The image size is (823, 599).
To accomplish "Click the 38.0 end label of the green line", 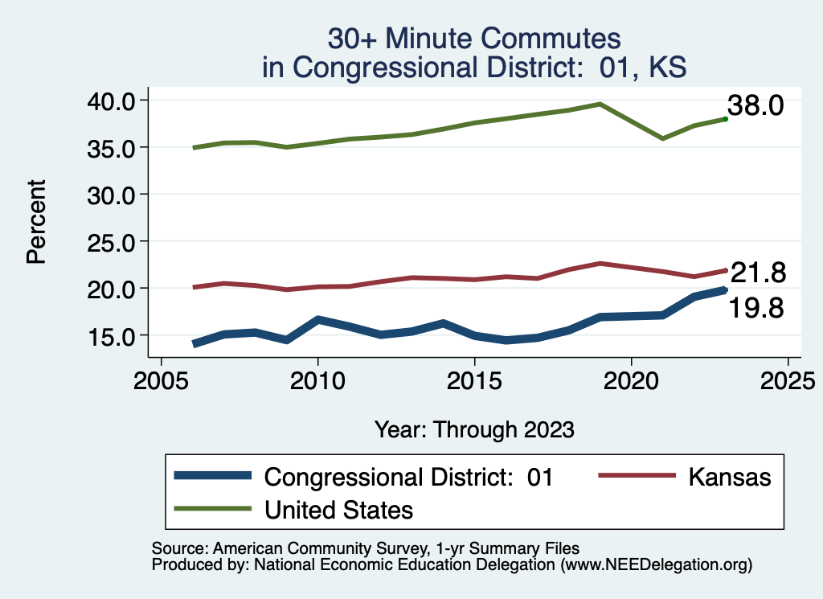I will (x=755, y=105).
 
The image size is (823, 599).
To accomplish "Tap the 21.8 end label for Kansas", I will (x=757, y=273).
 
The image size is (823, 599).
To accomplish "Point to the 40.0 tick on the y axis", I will (x=116, y=101).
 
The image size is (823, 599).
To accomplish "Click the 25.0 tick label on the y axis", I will (x=116, y=241).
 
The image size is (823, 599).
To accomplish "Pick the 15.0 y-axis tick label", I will (x=116, y=335).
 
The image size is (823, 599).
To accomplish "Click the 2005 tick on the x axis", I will (x=162, y=379).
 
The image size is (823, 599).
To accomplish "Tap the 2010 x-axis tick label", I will (x=318, y=379).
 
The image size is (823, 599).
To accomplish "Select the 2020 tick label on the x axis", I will (x=632, y=379).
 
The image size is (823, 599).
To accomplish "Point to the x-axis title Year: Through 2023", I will (x=474, y=429).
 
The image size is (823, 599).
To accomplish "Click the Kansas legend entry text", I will (x=729, y=477).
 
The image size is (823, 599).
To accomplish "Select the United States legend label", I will (x=338, y=509).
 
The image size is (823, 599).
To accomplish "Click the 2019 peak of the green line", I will (x=600, y=104).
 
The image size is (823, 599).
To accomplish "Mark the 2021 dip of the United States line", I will (x=662, y=138).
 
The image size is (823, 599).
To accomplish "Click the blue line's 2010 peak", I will (x=318, y=319).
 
